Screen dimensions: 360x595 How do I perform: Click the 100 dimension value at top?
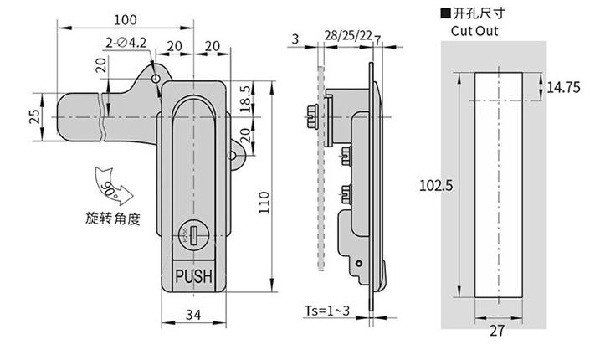pyautogui.click(x=126, y=18)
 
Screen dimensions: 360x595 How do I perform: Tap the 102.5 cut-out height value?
pyautogui.click(x=435, y=187)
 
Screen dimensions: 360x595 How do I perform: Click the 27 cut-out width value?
pyautogui.click(x=498, y=331)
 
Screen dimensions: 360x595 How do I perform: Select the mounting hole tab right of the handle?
pyautogui.click(x=236, y=153)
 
